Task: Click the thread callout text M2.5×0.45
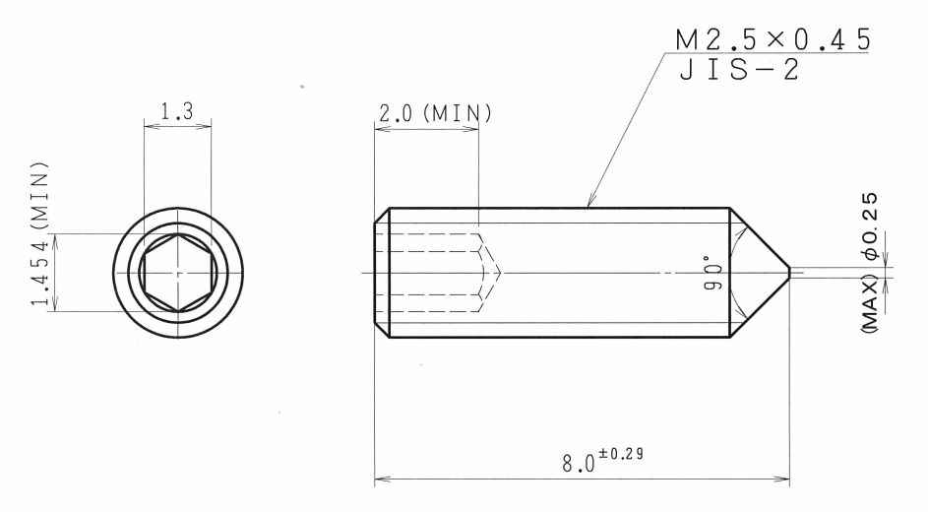[x=773, y=39]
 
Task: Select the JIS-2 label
[x=739, y=70]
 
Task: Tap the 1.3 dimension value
[x=177, y=111]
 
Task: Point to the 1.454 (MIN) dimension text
[x=40, y=233]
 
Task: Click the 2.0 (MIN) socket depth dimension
[x=435, y=113]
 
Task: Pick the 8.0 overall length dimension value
[x=579, y=463]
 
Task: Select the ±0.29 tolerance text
[x=620, y=454]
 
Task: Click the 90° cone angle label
[x=713, y=273]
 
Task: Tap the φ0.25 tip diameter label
[x=870, y=226]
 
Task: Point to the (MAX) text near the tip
[x=870, y=303]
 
